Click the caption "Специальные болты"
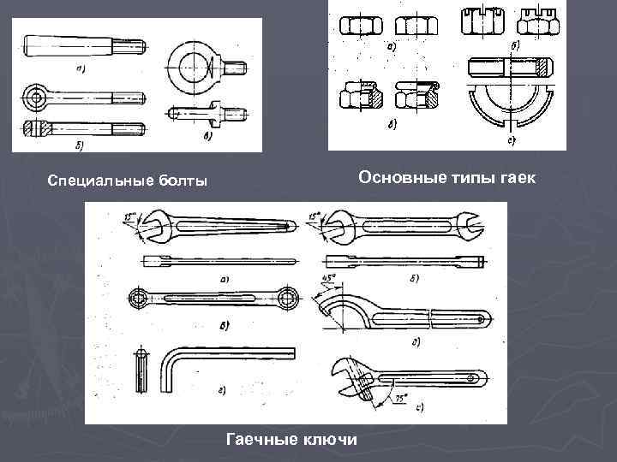[x=128, y=181]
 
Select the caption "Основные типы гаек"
[x=446, y=177]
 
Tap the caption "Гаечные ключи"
[x=291, y=440]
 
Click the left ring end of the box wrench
[x=140, y=298]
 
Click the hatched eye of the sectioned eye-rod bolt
[x=33, y=130]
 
